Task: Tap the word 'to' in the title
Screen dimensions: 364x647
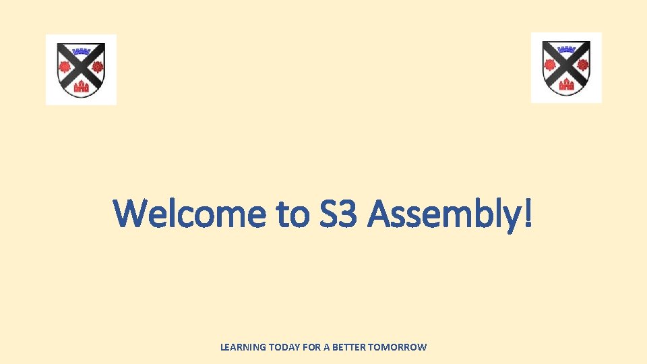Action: coord(293,214)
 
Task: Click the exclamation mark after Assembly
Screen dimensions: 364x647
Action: coord(526,213)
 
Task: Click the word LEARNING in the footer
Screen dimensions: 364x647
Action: coord(243,347)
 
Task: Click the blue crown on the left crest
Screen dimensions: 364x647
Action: coord(81,51)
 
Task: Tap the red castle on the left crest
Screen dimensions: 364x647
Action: coord(81,86)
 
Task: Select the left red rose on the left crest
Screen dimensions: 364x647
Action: coord(65,67)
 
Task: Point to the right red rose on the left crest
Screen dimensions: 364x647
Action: coord(97,67)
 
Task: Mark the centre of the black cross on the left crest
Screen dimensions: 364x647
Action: coord(81,67)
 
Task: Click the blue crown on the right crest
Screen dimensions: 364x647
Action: coord(566,49)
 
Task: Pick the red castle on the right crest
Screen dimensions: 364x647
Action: coord(566,84)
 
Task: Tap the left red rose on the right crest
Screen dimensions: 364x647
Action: coord(551,65)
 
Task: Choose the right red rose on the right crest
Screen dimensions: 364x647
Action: coord(582,65)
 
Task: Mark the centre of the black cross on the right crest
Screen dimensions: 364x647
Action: coord(566,66)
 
